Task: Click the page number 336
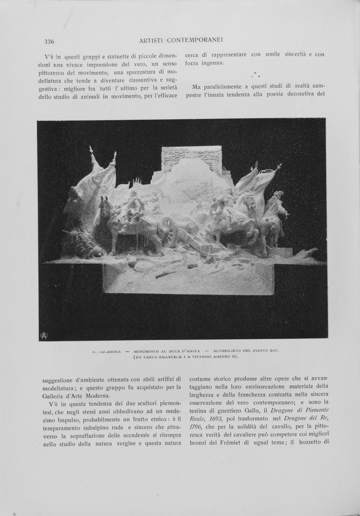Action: point(50,42)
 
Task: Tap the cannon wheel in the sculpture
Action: point(169,225)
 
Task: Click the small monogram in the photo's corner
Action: point(43,335)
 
